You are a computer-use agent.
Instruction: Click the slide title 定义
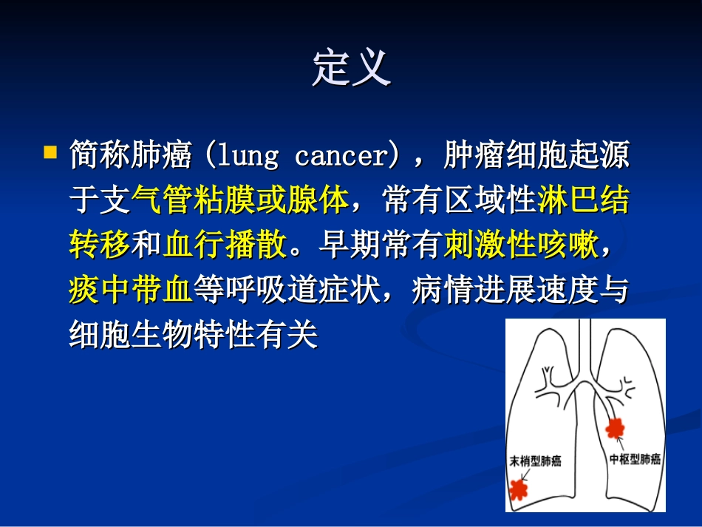[351, 68]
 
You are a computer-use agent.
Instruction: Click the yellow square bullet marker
[50, 154]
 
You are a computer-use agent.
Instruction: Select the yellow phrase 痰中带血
[131, 290]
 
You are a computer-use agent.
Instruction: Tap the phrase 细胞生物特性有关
[192, 336]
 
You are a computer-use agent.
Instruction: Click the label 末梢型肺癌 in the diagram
[535, 461]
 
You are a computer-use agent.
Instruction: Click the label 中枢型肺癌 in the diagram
[635, 459]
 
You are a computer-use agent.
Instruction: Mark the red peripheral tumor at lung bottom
[519, 489]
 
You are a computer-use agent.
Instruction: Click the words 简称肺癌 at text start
[131, 157]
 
